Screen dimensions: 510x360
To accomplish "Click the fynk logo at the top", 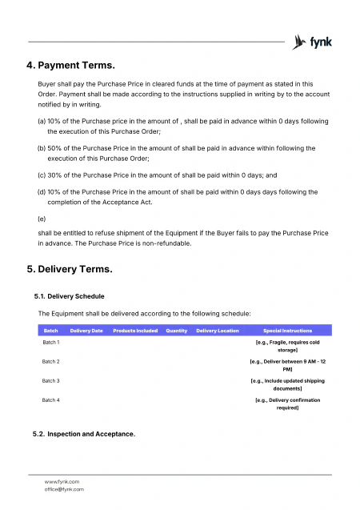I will click(x=313, y=41).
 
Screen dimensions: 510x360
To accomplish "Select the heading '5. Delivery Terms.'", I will click(x=70, y=269).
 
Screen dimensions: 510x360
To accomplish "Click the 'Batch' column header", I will click(x=50, y=331).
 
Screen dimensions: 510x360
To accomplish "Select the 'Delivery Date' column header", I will click(x=86, y=331).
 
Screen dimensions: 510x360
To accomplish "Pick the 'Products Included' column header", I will click(x=135, y=331).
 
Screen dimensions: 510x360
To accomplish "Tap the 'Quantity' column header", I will click(x=177, y=331).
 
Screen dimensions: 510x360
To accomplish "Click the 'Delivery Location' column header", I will click(x=218, y=331).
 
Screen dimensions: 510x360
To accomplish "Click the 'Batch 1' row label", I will click(x=51, y=342).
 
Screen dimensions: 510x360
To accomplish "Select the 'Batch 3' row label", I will click(x=51, y=380).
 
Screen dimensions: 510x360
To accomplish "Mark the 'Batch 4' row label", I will click(x=51, y=400).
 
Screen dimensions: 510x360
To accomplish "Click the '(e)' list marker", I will click(x=42, y=218).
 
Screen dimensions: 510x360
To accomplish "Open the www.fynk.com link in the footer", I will click(x=62, y=481).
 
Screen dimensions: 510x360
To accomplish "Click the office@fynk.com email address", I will click(x=64, y=488).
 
